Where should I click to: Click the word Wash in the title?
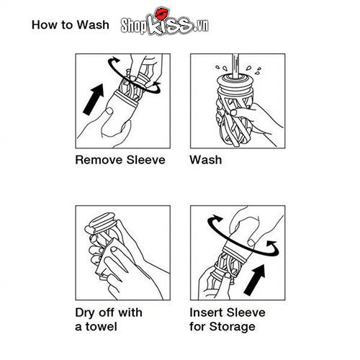[x=93, y=24]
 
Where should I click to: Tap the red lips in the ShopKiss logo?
[x=162, y=13]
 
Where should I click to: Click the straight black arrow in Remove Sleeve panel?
[x=94, y=99]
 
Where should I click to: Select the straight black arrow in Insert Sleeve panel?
[x=254, y=280]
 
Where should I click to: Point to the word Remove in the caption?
[x=99, y=160]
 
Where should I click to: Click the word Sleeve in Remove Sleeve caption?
[x=146, y=160]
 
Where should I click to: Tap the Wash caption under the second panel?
[x=206, y=160]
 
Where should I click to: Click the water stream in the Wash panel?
[x=235, y=66]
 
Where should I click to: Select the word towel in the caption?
[x=102, y=327]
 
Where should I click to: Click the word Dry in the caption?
[x=85, y=312]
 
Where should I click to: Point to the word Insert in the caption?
[x=206, y=312]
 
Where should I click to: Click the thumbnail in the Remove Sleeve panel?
[x=109, y=111]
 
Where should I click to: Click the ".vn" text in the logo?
[x=201, y=25]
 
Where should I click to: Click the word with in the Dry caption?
[x=130, y=312]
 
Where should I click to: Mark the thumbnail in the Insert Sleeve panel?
[x=251, y=243]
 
